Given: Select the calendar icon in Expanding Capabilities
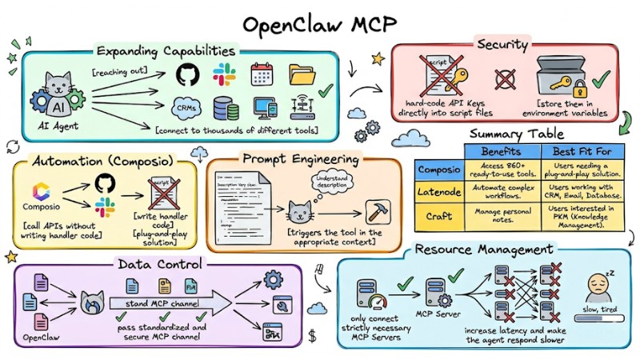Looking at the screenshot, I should [x=262, y=74].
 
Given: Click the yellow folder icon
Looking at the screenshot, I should [x=303, y=74].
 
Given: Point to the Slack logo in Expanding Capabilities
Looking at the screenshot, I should [x=224, y=74].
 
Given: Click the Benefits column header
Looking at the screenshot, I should [x=501, y=151].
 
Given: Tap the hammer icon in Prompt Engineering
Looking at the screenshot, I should [x=376, y=211].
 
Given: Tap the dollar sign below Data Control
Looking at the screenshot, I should [x=311, y=333].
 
